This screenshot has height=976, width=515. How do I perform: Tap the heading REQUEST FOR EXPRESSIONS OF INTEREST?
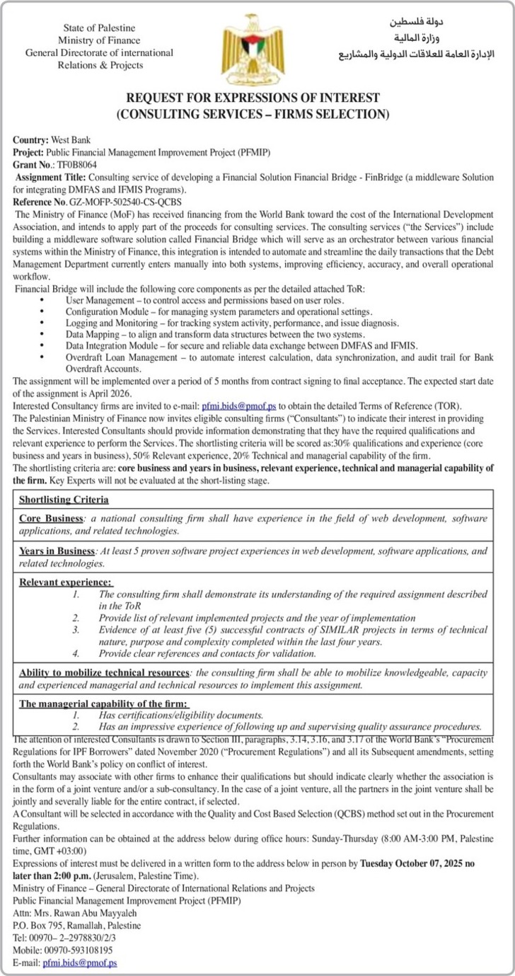[x=253, y=98]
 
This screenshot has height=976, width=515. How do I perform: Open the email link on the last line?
[x=80, y=963]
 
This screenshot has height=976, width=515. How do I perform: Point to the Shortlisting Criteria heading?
[x=64, y=500]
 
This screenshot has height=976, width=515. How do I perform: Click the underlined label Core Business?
[x=51, y=518]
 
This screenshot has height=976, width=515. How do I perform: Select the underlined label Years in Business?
[x=57, y=550]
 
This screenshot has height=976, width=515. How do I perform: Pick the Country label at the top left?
[x=30, y=140]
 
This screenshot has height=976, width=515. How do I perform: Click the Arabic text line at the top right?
[x=417, y=54]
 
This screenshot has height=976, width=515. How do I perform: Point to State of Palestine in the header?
[x=99, y=28]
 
